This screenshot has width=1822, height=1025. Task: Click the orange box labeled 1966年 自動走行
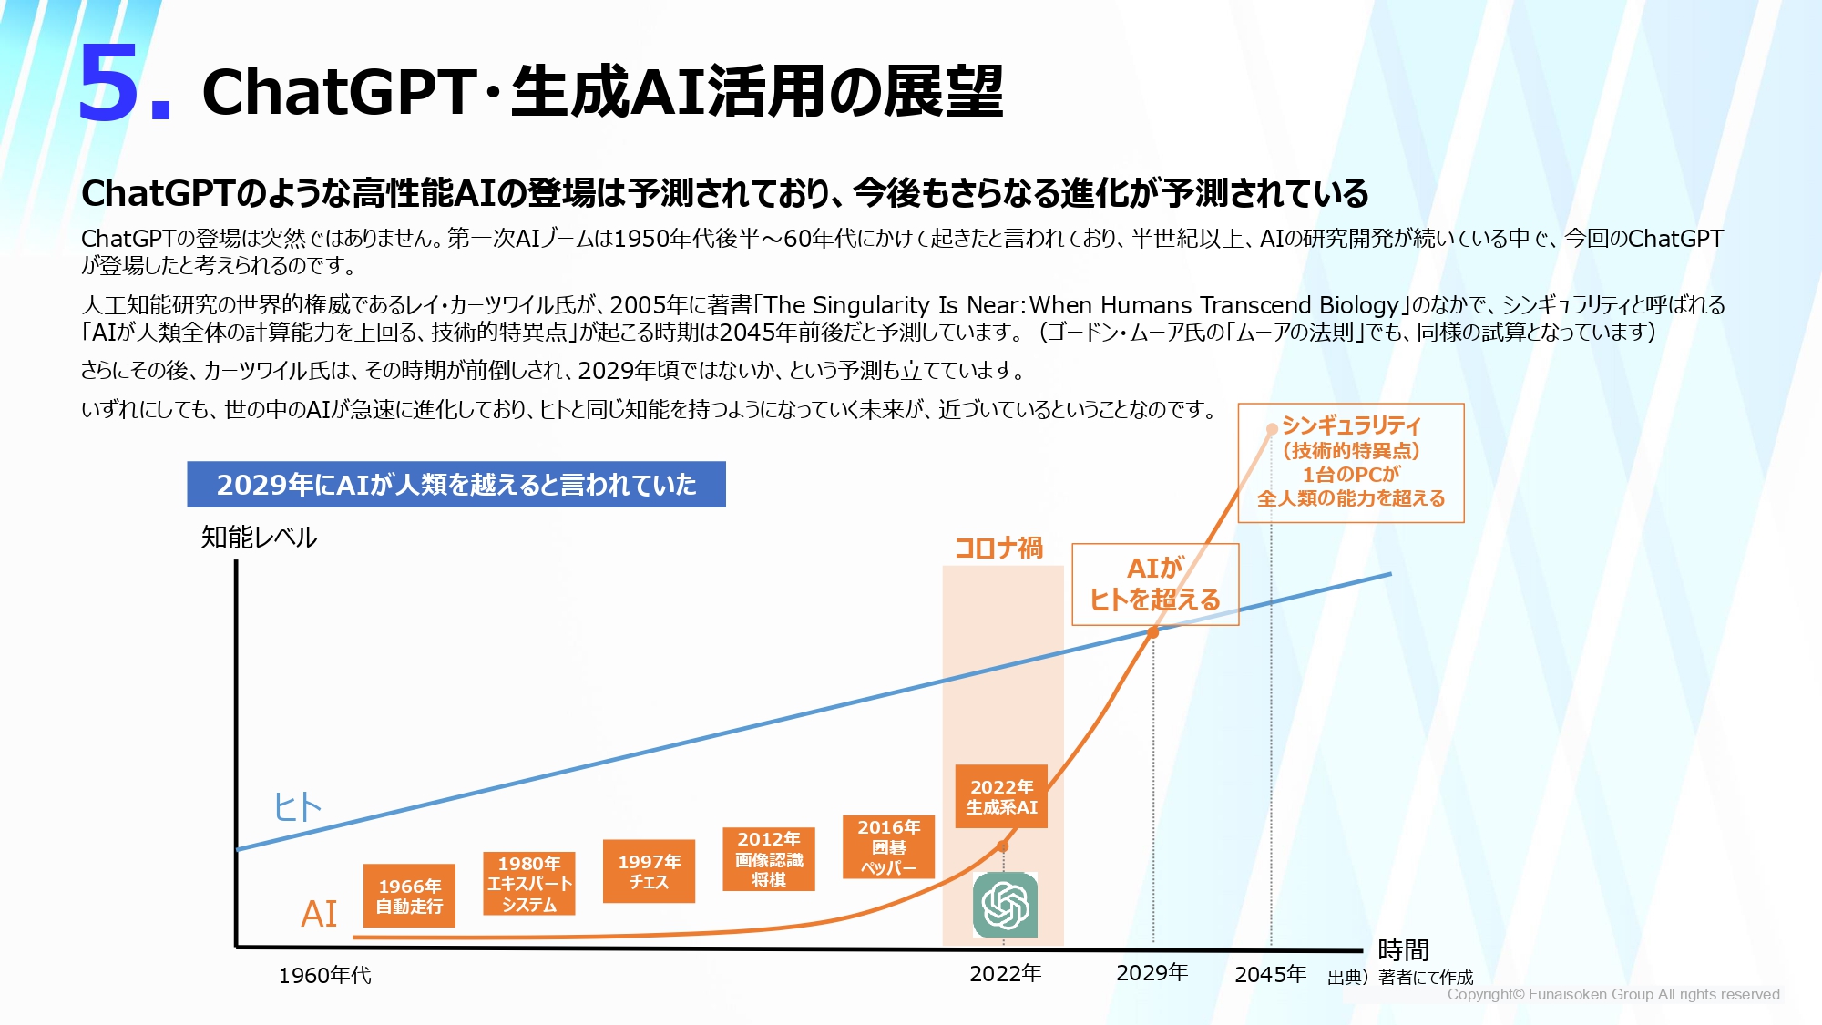click(x=409, y=896)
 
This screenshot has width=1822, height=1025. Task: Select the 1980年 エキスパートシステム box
click(x=529, y=883)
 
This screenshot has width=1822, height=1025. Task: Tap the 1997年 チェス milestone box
click(x=649, y=871)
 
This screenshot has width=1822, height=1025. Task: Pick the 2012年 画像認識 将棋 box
click(x=769, y=858)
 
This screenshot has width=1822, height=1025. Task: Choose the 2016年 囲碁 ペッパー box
click(x=889, y=846)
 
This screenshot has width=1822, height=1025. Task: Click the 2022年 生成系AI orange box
click(x=1001, y=796)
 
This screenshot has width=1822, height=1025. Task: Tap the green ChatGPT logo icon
click(x=1005, y=905)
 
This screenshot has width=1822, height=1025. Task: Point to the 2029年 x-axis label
click(x=1152, y=973)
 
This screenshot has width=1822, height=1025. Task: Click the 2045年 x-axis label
click(x=1270, y=974)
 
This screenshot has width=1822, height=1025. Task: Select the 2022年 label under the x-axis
click(x=1005, y=973)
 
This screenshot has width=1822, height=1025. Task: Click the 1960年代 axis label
click(x=324, y=975)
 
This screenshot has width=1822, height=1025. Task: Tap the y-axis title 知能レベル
click(x=259, y=537)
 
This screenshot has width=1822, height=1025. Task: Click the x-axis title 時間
click(x=1403, y=950)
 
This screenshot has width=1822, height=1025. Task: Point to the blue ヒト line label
click(x=298, y=806)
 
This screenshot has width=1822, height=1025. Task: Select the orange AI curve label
click(x=319, y=913)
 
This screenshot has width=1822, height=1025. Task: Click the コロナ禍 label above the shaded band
click(x=998, y=548)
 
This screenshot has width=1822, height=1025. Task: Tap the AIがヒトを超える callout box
click(x=1155, y=584)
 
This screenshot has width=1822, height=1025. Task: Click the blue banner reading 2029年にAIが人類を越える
click(x=456, y=484)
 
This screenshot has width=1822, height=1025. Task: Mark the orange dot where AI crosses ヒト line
click(x=1152, y=631)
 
